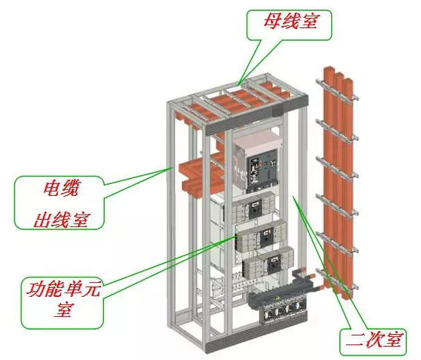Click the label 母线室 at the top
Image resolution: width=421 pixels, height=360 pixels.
click(290, 22)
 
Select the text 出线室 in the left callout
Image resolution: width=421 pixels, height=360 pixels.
click(60, 220)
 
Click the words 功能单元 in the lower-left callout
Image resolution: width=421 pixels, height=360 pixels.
click(63, 289)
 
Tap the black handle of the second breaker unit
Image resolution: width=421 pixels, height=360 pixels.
click(254, 209)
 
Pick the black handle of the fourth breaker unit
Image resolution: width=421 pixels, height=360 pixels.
click(275, 264)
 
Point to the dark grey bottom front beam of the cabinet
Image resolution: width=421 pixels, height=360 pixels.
click(256, 336)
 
